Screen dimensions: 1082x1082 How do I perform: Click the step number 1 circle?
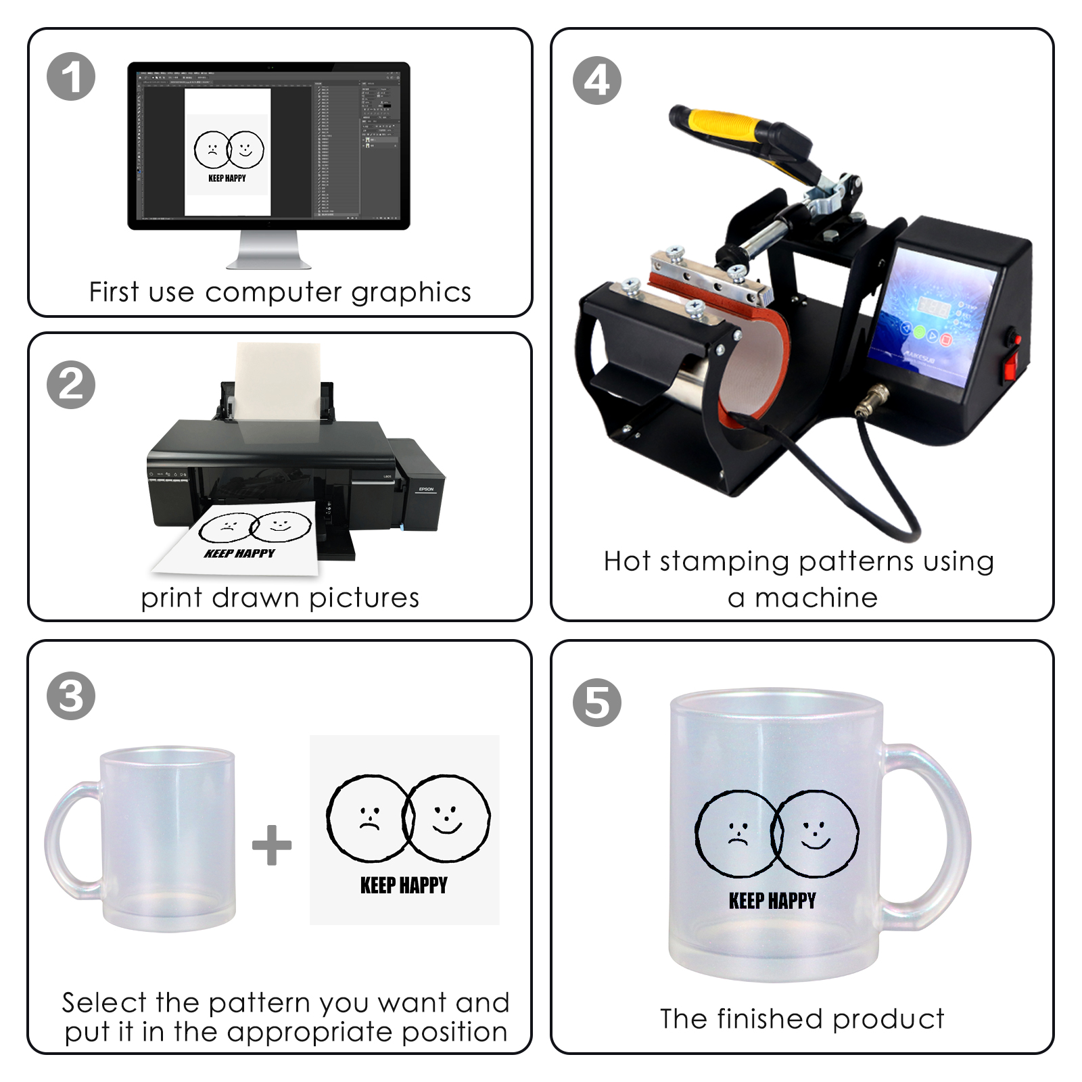71,76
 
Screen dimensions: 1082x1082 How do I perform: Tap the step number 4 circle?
596,80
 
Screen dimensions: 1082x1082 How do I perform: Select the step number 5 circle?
596,703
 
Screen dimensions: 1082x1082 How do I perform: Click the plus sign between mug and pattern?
272,845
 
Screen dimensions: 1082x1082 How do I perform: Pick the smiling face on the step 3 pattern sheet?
446,818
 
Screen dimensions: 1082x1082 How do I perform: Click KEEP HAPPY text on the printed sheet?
239,553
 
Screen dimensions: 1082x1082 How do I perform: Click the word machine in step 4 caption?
816,598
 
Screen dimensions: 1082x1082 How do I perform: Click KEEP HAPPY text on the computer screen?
227,179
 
